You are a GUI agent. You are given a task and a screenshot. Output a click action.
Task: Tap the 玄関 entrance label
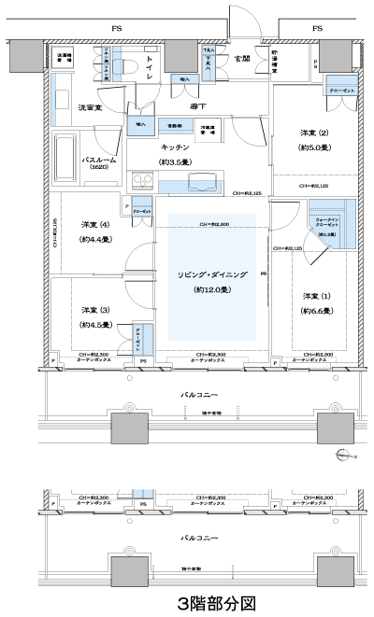click(242, 59)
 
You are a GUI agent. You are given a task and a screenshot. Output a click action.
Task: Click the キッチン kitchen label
click(176, 147)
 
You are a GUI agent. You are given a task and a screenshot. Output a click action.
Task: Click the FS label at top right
click(318, 29)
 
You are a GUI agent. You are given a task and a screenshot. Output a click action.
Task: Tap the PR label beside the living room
click(265, 273)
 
